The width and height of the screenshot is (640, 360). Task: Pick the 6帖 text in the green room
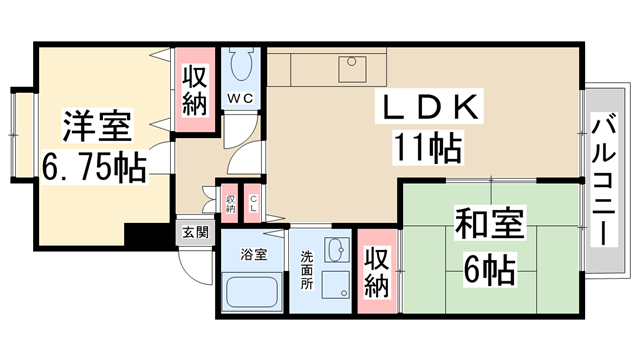[x=490, y=268]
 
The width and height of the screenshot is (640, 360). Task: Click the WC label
[x=240, y=98]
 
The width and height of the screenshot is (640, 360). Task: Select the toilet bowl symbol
[x=239, y=69]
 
